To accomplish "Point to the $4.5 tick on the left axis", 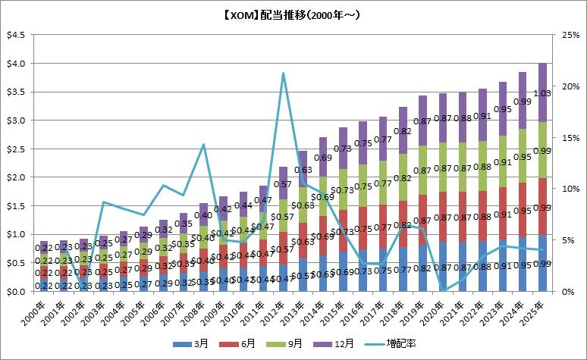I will tap(15, 35).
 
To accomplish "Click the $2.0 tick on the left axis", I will tap(15, 177).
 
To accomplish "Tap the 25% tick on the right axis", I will tap(571, 35).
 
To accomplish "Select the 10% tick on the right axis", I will tap(571, 189).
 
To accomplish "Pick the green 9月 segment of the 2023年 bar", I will tap(519, 161).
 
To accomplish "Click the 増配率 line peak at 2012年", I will tap(283, 74).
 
